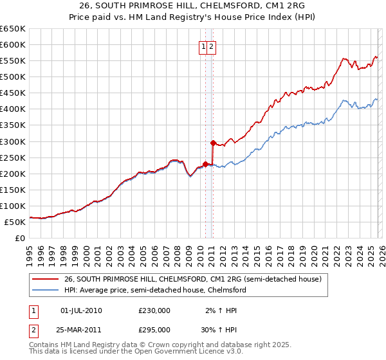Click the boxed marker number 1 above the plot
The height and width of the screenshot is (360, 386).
click(203, 46)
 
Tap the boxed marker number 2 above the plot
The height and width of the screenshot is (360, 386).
click(211, 46)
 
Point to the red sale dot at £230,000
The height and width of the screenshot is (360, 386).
click(205, 163)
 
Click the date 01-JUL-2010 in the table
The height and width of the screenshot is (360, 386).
click(80, 310)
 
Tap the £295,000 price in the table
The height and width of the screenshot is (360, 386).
click(154, 329)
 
